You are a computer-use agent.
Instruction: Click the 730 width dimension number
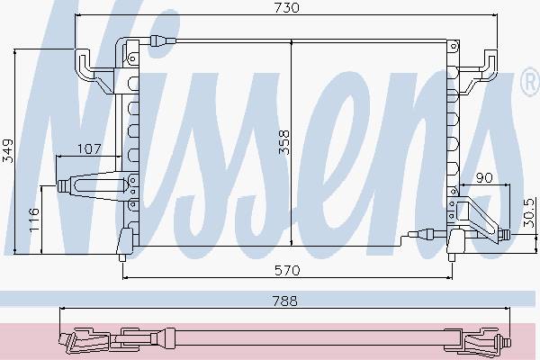pos(287,7)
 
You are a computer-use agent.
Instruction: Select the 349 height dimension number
pos(7,150)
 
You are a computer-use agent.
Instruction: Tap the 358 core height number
pos(284,142)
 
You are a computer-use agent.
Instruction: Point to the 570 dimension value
pos(287,270)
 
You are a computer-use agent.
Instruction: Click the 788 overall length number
pos(284,301)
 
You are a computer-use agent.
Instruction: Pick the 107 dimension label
pos(89,148)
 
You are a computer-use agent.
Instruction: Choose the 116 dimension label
pos(34,220)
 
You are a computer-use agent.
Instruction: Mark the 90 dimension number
pos(484,178)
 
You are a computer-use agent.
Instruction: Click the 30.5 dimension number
pos(529,212)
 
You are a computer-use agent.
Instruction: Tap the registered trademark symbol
pos(531,82)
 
